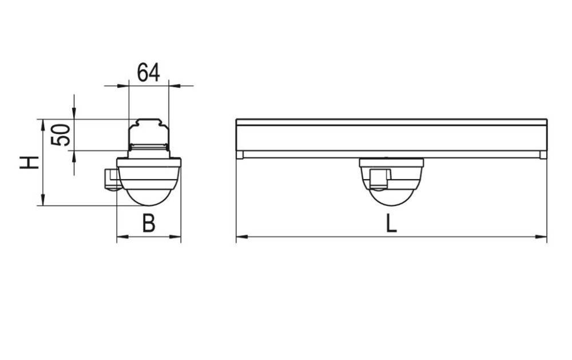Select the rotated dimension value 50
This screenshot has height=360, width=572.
(x=61, y=135)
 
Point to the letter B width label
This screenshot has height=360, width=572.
(x=149, y=224)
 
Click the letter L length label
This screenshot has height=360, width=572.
(x=391, y=223)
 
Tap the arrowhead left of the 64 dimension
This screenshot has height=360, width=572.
(x=124, y=86)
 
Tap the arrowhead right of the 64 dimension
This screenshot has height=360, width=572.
(x=174, y=86)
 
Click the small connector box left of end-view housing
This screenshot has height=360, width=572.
(x=110, y=179)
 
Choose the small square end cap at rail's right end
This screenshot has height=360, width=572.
(x=543, y=155)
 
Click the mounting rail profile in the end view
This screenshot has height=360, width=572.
(x=149, y=135)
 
